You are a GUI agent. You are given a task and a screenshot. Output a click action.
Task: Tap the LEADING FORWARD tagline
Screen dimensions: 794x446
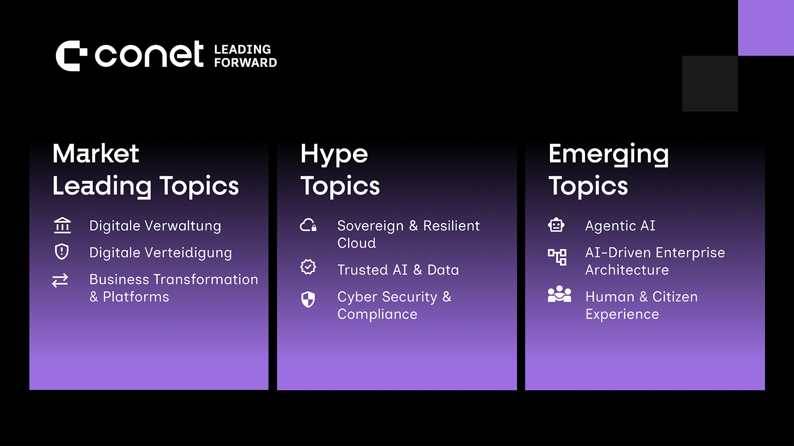point(246,56)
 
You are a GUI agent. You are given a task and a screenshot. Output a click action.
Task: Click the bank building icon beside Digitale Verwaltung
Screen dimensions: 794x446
point(62,225)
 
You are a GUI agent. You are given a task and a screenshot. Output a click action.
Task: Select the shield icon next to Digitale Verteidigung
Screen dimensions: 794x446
point(62,251)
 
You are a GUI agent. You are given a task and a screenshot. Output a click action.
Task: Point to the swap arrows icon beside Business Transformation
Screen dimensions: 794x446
point(60,281)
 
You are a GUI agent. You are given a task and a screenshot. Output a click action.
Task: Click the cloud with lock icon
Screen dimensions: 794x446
point(309,225)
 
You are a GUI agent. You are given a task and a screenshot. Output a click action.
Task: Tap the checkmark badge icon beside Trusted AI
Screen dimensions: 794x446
point(308,267)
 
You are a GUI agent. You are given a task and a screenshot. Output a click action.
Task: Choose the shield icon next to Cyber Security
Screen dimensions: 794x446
point(308,299)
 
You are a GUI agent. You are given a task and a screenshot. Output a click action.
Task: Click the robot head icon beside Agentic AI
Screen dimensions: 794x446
point(556,225)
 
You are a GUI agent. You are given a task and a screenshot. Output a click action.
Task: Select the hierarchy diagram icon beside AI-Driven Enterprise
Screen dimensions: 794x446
point(557,257)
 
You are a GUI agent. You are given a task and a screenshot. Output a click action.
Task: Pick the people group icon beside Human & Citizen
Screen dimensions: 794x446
point(560,294)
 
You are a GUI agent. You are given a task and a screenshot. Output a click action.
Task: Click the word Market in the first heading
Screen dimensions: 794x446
point(96,154)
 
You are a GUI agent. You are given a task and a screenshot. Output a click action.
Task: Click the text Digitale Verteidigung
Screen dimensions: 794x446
point(160,253)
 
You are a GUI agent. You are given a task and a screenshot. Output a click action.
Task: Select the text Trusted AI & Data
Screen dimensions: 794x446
point(398,270)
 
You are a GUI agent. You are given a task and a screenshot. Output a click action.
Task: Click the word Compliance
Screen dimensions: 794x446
point(378,314)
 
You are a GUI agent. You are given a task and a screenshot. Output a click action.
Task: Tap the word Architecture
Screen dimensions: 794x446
point(627,270)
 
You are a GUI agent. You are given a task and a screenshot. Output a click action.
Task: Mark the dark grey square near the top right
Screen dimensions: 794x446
point(710,83)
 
